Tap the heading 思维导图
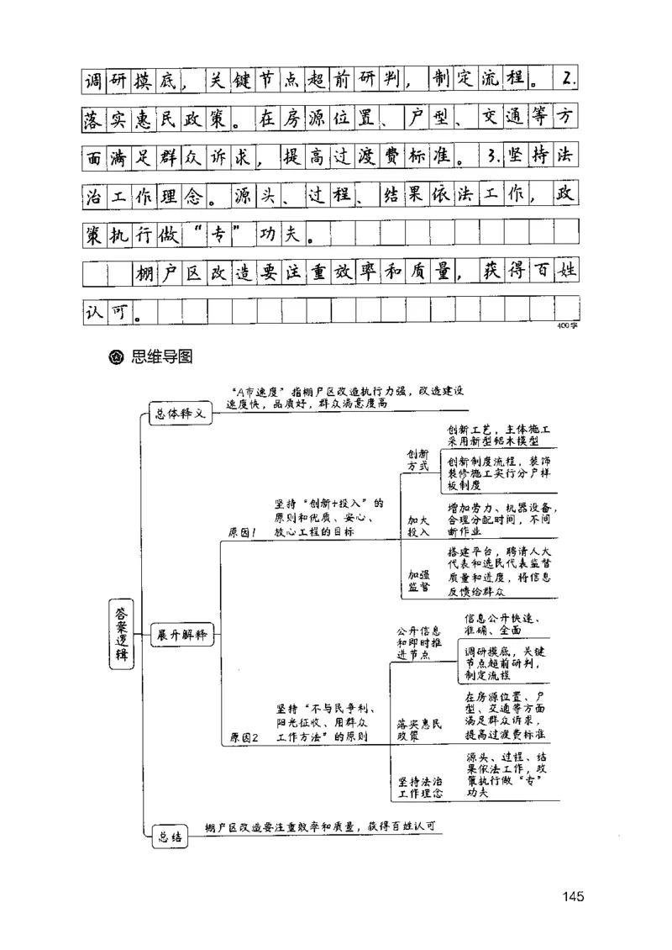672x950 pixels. pos(162,356)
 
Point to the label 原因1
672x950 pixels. pos(243,533)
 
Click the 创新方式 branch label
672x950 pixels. pos(417,459)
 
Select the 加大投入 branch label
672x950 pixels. pos(417,526)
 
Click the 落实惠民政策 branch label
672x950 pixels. pos(417,728)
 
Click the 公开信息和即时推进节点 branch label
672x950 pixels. pos(424,642)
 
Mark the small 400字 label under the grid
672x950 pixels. pos(567,329)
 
